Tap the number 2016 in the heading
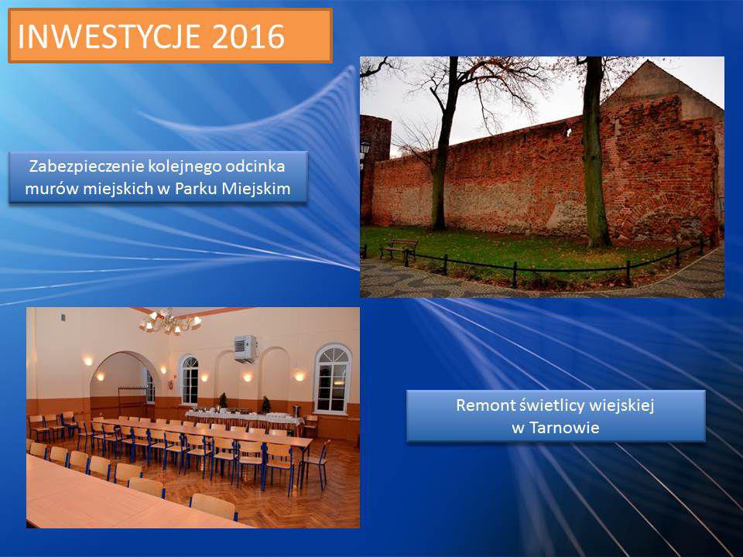(x=248, y=36)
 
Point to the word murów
(x=52, y=189)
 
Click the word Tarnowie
(x=564, y=428)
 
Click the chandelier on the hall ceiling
(x=170, y=322)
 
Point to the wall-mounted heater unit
(x=245, y=349)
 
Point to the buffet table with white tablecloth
(x=244, y=421)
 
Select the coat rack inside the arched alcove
(x=132, y=396)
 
